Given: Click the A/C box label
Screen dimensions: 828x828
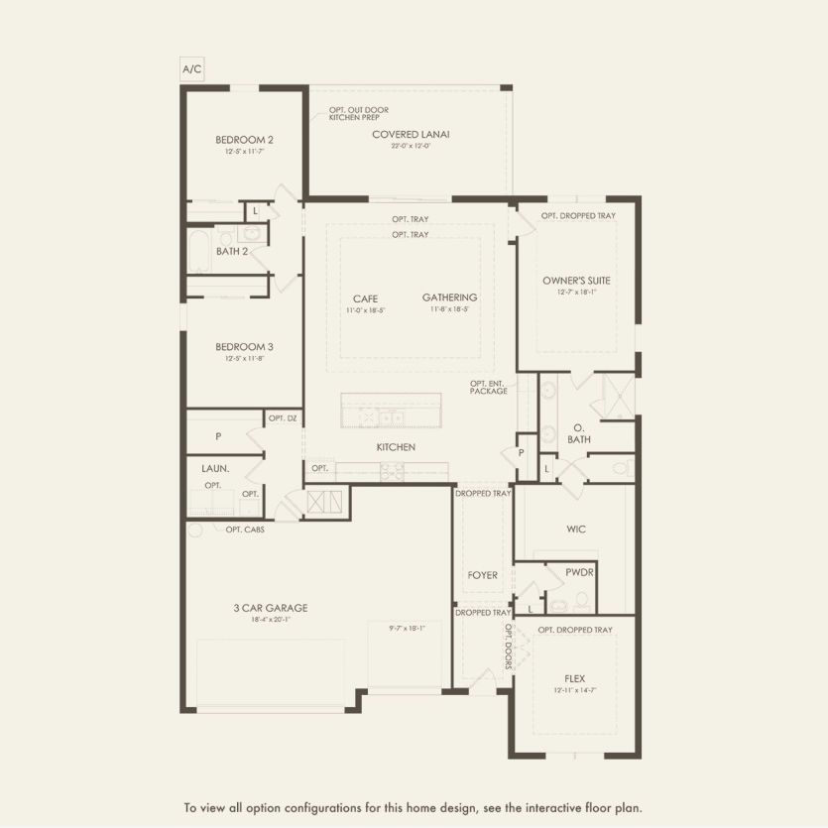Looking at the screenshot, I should click(x=191, y=68).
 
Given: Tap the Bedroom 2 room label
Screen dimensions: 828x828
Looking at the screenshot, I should click(x=244, y=140).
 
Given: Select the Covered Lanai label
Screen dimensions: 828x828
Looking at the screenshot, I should click(x=411, y=134).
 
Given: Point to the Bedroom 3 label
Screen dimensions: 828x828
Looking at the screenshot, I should click(x=244, y=347).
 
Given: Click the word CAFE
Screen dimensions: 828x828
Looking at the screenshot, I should click(x=364, y=297).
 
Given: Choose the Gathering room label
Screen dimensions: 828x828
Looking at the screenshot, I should click(x=449, y=297).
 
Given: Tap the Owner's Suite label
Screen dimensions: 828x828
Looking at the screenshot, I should click(x=576, y=281).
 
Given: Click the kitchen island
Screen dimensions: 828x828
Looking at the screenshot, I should click(x=391, y=411).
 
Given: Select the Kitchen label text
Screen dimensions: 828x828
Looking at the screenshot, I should click(x=396, y=447).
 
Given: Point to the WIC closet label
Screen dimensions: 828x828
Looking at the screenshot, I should click(x=577, y=529).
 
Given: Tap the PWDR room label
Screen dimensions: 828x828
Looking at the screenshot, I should click(x=579, y=572).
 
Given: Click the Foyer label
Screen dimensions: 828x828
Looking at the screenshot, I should click(x=482, y=575).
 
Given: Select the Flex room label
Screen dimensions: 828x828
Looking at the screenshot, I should click(x=575, y=678).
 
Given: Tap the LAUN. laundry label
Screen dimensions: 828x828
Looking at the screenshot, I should click(x=216, y=469).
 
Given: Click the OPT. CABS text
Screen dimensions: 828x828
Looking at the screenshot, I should click(x=245, y=529).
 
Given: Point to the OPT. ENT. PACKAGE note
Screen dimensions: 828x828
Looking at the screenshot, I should click(x=489, y=387).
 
